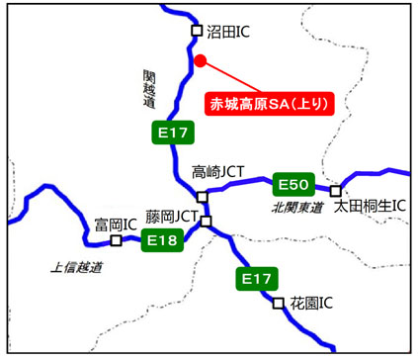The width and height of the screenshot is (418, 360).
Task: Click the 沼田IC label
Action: [229, 32]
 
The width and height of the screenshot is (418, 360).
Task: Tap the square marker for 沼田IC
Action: [196, 32]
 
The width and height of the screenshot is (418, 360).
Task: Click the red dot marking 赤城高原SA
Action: [200, 60]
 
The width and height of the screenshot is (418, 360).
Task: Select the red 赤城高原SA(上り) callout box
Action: [268, 102]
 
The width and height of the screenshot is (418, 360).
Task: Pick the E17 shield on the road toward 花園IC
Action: [254, 280]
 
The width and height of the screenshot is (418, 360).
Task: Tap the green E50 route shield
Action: [294, 184]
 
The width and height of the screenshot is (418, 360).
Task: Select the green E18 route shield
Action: [160, 239]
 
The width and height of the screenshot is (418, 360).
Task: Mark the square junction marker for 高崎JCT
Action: [202, 196]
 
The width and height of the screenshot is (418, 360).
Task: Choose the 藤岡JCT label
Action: [174, 215]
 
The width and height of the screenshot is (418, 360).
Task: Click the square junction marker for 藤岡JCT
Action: [206, 221]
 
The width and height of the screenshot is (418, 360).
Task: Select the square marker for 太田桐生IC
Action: [336, 191]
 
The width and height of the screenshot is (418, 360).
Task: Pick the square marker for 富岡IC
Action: [116, 239]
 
